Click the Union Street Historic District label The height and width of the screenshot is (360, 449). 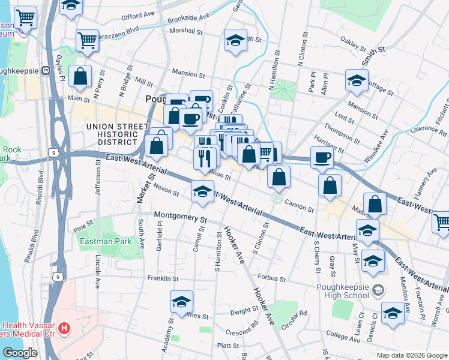pos(117,134)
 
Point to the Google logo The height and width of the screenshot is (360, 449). pos(20,352)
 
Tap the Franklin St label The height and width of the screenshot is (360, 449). pos(163,278)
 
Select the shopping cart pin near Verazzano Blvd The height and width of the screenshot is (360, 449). pos(87,41)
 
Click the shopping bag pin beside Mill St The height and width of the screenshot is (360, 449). pos(80,77)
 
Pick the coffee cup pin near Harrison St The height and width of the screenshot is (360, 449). pos(322,158)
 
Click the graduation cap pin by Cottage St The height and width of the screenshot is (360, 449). pos(357,81)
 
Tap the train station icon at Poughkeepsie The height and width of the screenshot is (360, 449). pos(45,70)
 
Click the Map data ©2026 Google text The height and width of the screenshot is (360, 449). pos(411,354)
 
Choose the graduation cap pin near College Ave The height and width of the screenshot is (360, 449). pos(393,313)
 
